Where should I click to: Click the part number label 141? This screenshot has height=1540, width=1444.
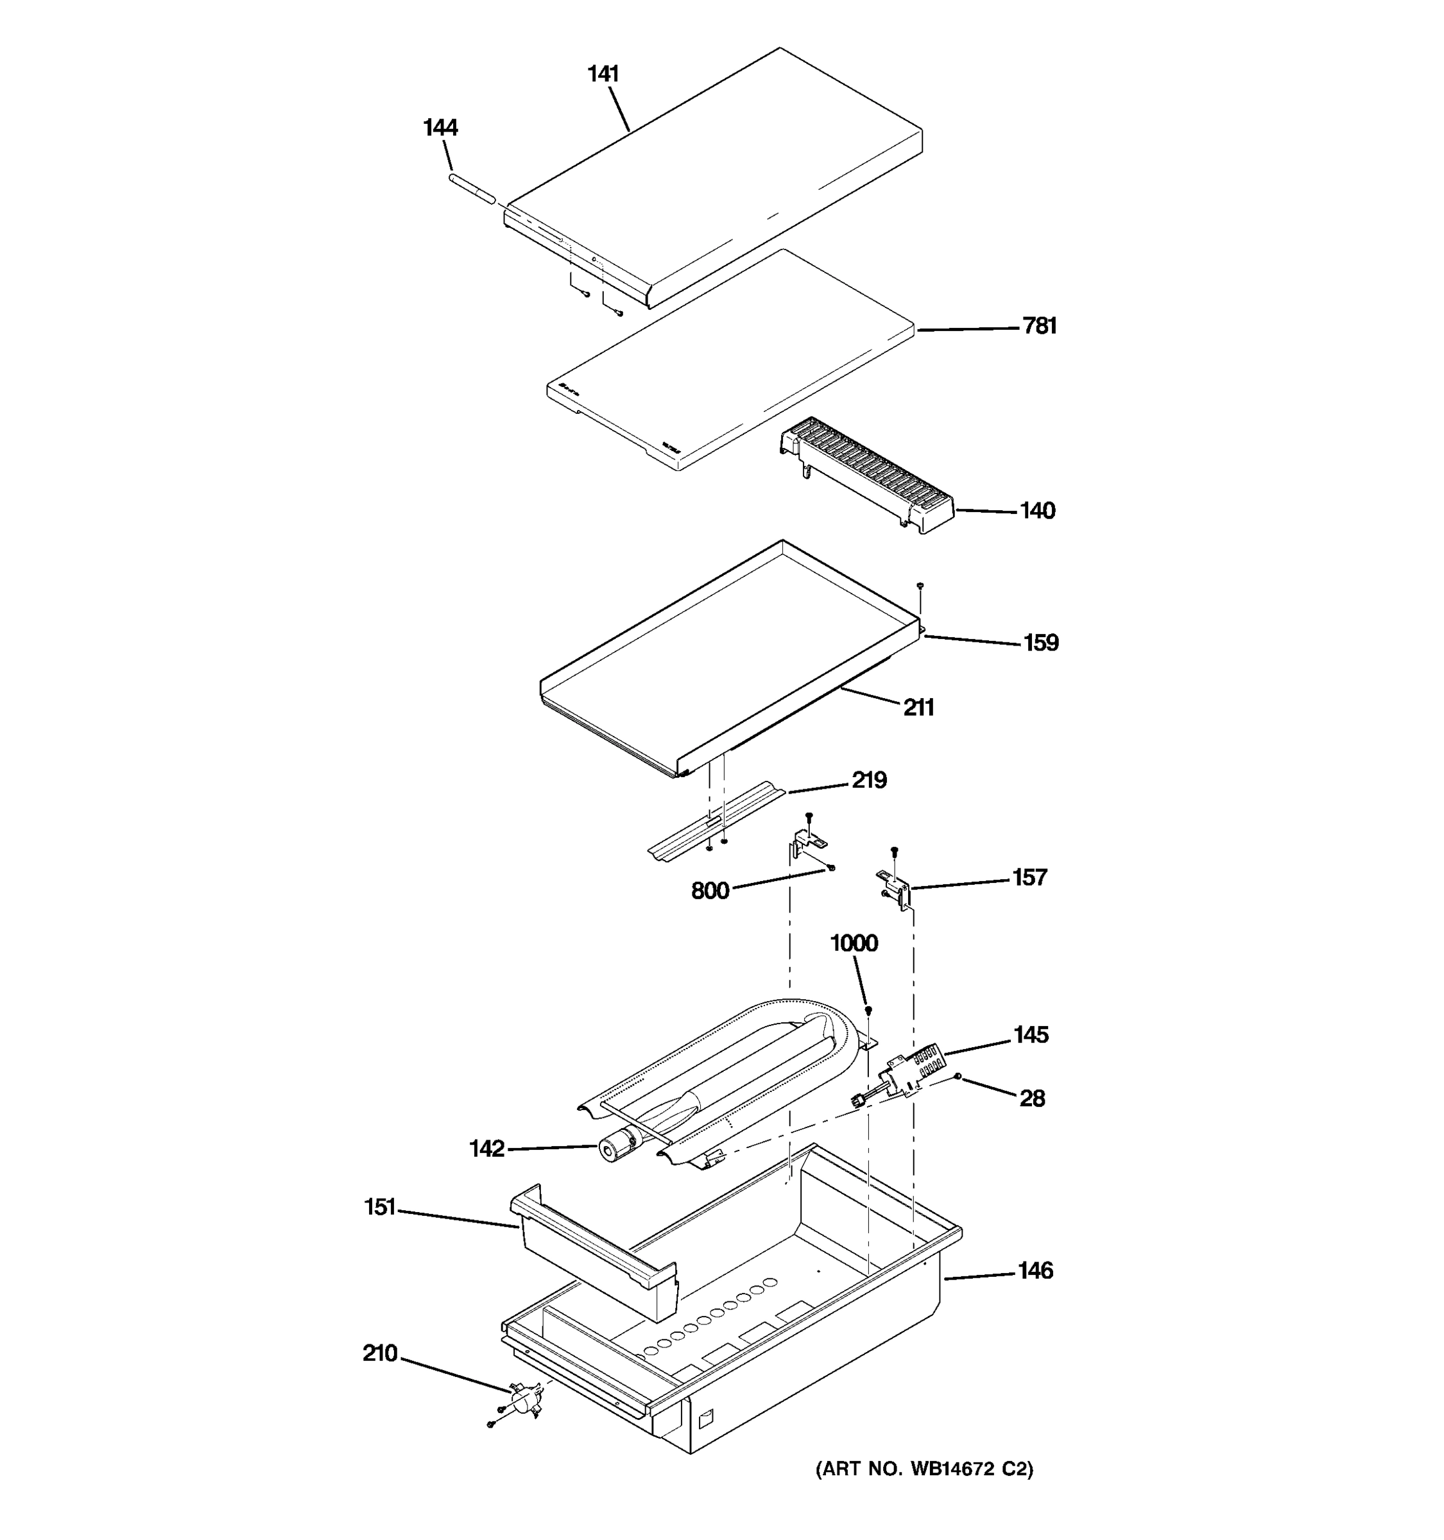point(603,74)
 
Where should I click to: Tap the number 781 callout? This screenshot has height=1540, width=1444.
point(1040,326)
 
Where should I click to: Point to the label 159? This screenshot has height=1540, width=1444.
point(1040,643)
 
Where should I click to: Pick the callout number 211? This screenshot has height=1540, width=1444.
point(919,708)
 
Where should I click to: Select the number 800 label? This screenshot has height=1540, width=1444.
point(710,892)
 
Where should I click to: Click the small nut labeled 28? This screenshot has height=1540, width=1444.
point(959,1076)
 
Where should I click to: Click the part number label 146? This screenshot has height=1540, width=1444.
point(1035,1271)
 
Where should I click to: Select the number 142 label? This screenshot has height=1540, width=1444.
point(486,1149)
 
